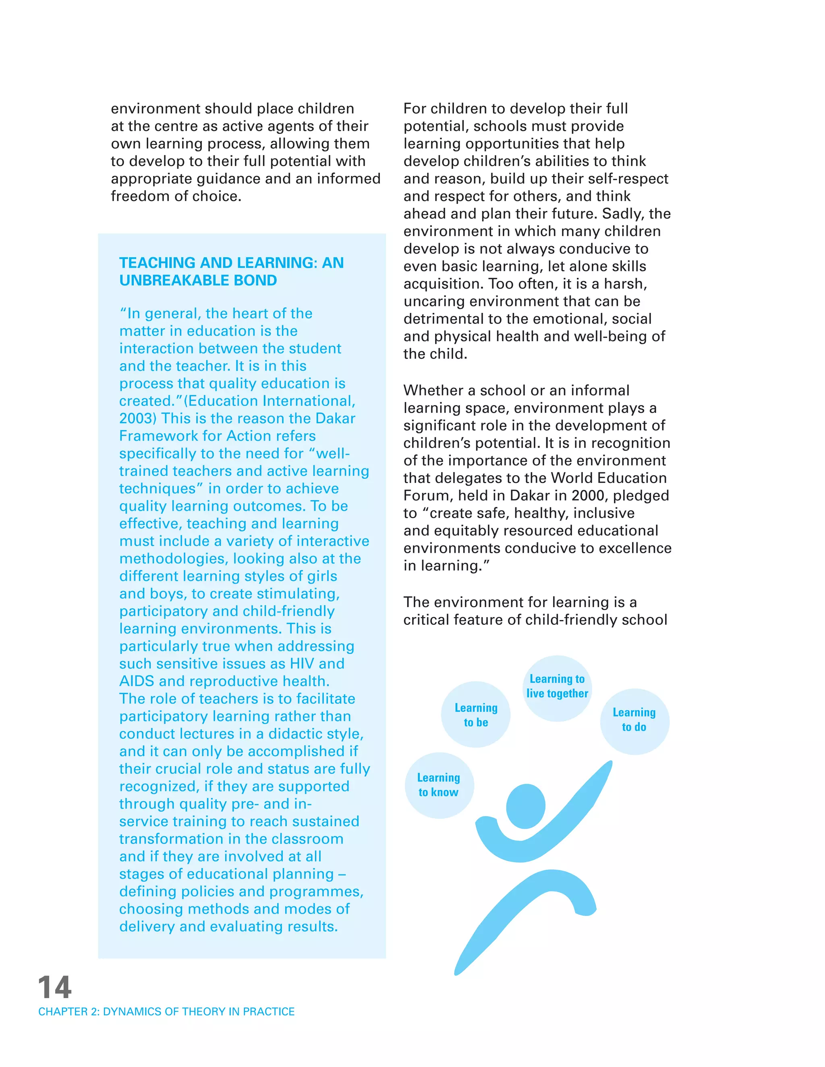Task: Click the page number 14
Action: click(x=55, y=987)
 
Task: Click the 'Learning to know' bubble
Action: click(x=439, y=785)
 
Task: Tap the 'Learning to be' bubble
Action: click(x=476, y=715)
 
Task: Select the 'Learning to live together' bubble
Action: click(x=557, y=687)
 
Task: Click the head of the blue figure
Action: click(x=525, y=806)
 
